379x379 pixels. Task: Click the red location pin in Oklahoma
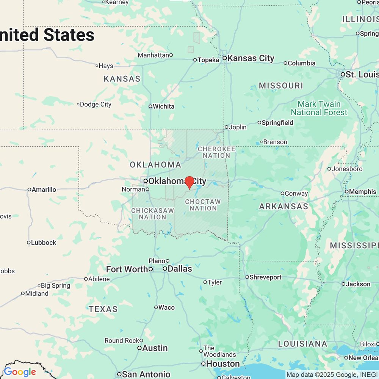[x=189, y=182]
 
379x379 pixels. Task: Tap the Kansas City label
[x=251, y=58]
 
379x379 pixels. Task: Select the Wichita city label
[x=164, y=106]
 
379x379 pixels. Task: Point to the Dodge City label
[x=96, y=104]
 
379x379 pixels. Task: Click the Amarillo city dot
[x=29, y=189]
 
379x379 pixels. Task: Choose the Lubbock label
[x=44, y=243]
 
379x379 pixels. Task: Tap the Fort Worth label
[x=127, y=269]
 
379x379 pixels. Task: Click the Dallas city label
[x=180, y=269]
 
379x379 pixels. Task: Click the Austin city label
[x=155, y=348]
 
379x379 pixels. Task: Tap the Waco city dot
[x=156, y=307]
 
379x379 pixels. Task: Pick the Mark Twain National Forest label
[x=319, y=108]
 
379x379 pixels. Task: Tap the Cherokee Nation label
[x=216, y=152]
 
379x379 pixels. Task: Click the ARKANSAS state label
[x=283, y=207]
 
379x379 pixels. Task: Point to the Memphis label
[x=363, y=192]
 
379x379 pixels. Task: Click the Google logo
[x=20, y=372]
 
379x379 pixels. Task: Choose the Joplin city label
[x=238, y=127]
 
